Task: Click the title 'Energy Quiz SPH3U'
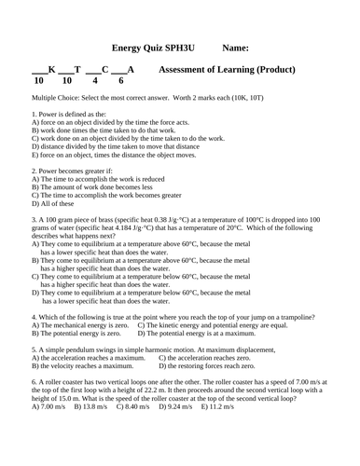coord(151,46)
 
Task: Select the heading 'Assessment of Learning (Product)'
coord(228,70)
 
